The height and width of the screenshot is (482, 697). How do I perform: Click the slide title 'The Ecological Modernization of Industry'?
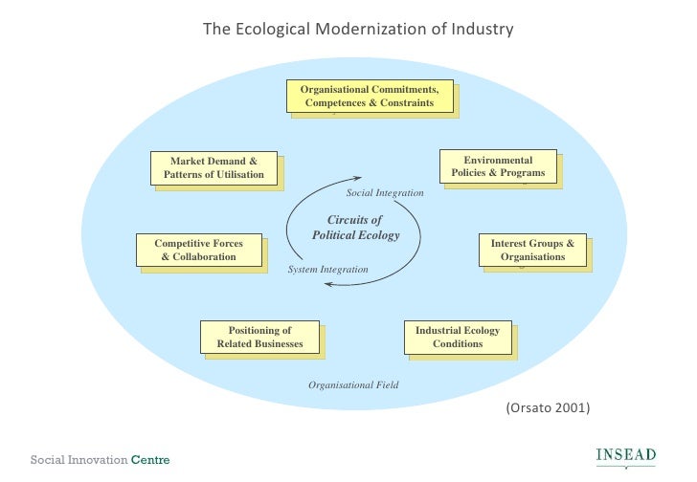[358, 29]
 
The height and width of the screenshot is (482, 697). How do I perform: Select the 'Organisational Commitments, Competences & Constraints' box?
[369, 96]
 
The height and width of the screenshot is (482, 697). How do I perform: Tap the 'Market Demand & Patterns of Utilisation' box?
[214, 167]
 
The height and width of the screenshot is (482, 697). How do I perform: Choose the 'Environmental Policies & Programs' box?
[498, 166]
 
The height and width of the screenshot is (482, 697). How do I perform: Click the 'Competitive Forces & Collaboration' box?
[198, 250]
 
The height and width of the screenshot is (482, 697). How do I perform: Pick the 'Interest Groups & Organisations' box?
[532, 250]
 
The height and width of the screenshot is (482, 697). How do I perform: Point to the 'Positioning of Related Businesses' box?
[259, 337]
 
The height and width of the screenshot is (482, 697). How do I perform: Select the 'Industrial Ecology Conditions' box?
[457, 337]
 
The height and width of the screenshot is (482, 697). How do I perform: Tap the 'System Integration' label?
[327, 270]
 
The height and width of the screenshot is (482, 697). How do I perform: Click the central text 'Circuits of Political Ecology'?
[355, 227]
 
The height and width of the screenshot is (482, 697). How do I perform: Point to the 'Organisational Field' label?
[352, 384]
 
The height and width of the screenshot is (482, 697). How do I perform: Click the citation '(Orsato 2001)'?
[548, 407]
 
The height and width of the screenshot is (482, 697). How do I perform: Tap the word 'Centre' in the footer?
[150, 460]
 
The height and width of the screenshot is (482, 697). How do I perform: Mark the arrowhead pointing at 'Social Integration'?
[357, 178]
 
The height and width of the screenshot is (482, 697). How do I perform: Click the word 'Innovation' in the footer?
[100, 460]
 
